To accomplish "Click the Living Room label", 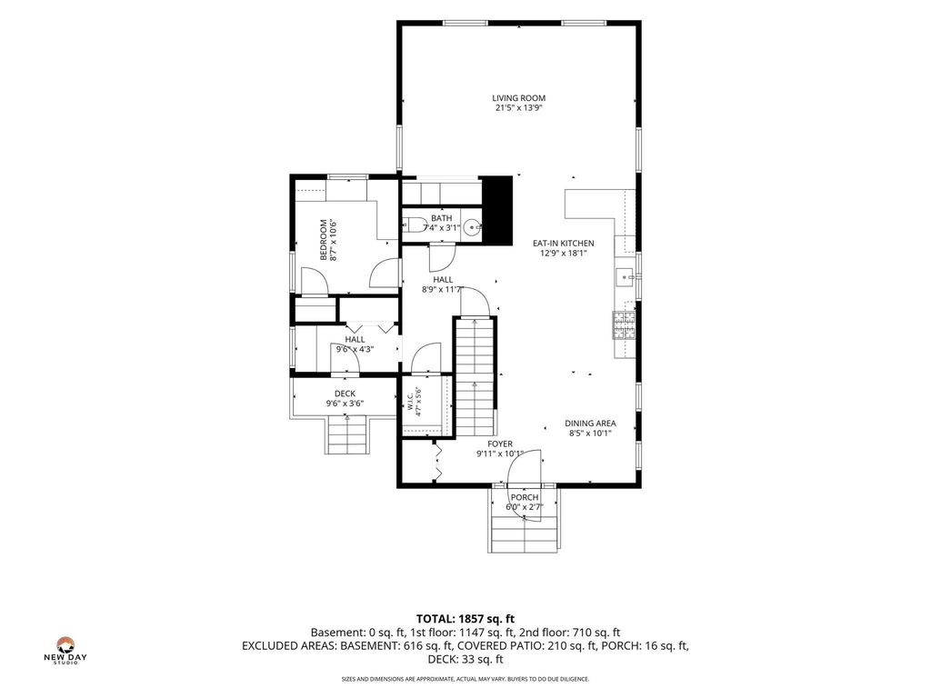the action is [518, 98].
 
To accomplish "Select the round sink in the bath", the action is [473, 226].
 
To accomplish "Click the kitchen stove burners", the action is [624, 325].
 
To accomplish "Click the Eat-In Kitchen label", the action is [563, 243].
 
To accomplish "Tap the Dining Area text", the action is [589, 424].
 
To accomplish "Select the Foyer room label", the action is [500, 444].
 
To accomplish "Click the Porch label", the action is [525, 497].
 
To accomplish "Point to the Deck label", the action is [345, 394].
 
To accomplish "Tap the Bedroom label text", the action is [324, 240].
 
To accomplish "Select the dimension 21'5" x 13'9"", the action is [518, 108].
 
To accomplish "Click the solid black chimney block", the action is [496, 210].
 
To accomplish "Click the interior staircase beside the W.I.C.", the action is [475, 377].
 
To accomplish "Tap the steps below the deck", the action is [347, 435].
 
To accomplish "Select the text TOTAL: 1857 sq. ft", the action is [465, 619].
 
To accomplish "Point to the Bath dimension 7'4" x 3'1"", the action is [441, 227].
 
